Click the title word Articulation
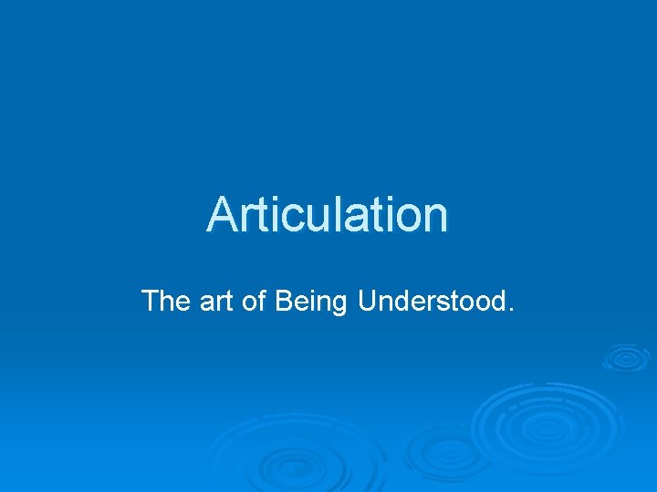(x=328, y=215)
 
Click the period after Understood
(x=508, y=310)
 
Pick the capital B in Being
(x=280, y=301)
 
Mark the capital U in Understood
(x=368, y=301)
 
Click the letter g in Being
(x=339, y=305)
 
